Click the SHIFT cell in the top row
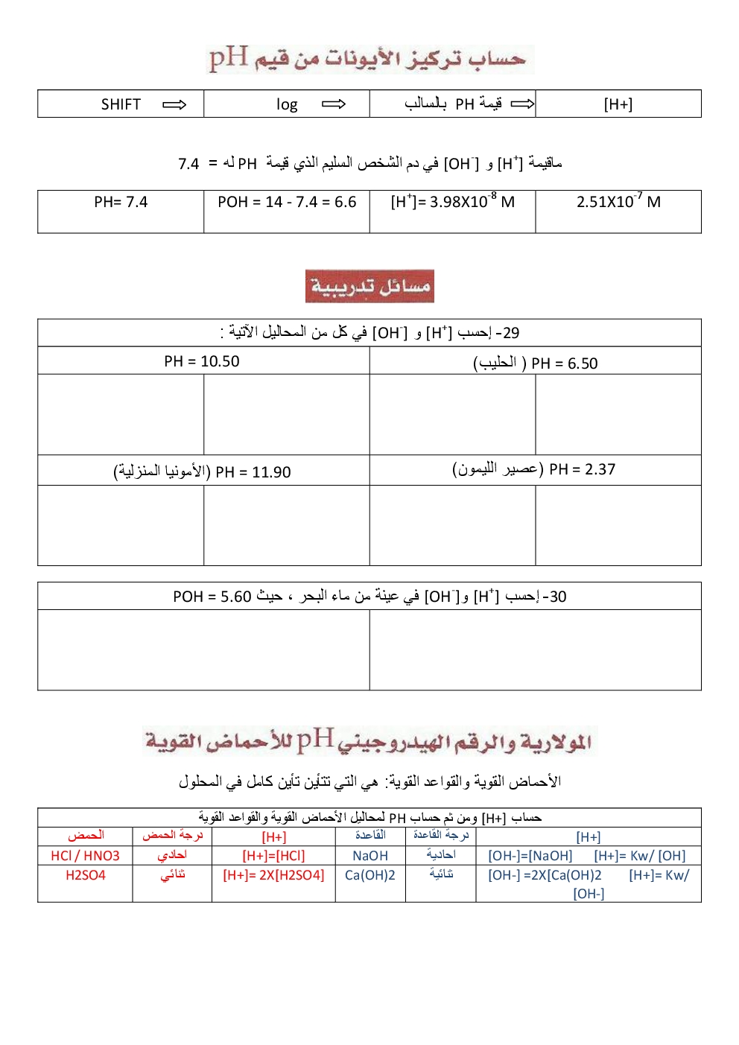tap(121, 104)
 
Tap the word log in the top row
tap(287, 104)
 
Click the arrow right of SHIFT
tap(174, 104)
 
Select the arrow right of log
tap(334, 104)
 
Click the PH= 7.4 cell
tap(121, 202)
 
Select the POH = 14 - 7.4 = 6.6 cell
tap(287, 202)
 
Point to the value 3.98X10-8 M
tap(452, 202)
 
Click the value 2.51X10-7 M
tap(618, 202)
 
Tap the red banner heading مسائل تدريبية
tap(369, 286)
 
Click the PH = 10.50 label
tap(202, 361)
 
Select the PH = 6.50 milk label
tap(535, 363)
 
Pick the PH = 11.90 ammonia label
tap(202, 471)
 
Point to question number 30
tap(555, 597)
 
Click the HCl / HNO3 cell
tap(85, 856)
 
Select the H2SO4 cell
tap(85, 875)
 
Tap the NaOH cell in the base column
tap(370, 856)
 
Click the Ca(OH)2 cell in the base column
tap(370, 875)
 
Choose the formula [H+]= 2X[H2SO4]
tap(273, 875)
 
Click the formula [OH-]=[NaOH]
tap(530, 856)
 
